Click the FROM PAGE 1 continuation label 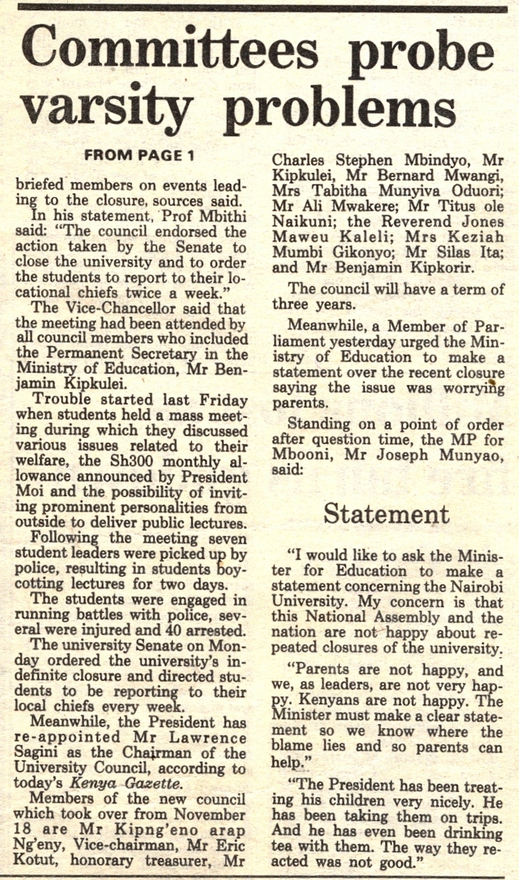[x=139, y=155]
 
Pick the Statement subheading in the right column [x=386, y=514]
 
